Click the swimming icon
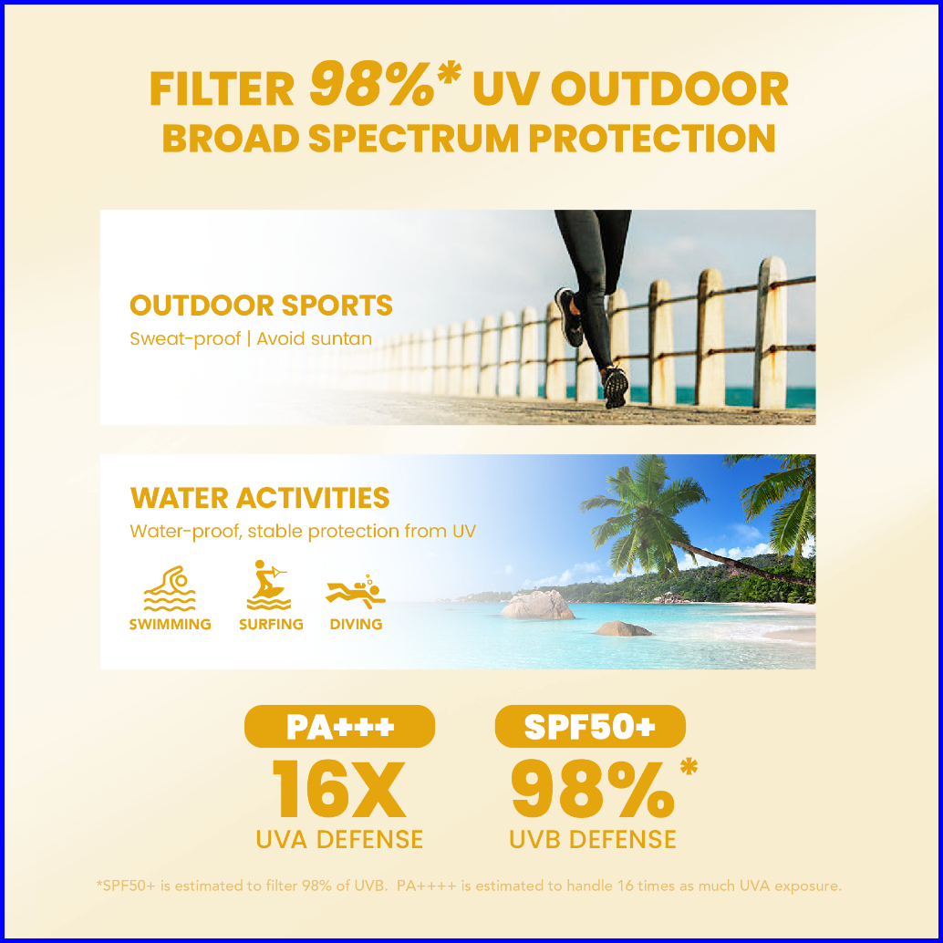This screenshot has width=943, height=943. pos(170,588)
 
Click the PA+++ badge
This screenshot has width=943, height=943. pos(339,727)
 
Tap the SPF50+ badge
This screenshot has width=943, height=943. pos(590,727)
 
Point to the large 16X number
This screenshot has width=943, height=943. pos(339,789)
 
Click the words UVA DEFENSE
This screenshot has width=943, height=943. pos(339,840)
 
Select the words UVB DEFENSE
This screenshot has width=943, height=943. pos(593,840)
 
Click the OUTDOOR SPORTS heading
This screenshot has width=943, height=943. pos(261,306)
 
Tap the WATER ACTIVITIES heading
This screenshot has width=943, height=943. pos(260,498)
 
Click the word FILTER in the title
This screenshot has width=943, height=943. pos(222,89)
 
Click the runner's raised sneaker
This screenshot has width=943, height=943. pos(569,316)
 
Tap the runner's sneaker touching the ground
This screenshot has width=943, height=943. pos(616,387)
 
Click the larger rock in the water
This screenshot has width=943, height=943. pos(537,605)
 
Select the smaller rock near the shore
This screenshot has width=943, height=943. pos(623,628)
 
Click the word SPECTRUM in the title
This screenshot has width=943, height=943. pos(414,139)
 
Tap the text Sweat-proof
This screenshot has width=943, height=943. pos(185,339)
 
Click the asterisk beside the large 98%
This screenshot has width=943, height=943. pos(689,767)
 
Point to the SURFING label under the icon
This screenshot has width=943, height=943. pos(271,624)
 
